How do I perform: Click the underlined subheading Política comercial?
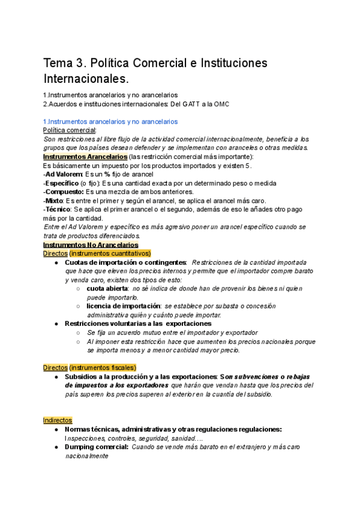point(69,130)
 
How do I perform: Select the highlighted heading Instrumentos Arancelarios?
point(81,157)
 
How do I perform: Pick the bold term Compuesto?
point(66,191)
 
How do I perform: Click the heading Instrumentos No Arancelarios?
point(91,245)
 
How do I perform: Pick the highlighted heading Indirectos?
point(58,420)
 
